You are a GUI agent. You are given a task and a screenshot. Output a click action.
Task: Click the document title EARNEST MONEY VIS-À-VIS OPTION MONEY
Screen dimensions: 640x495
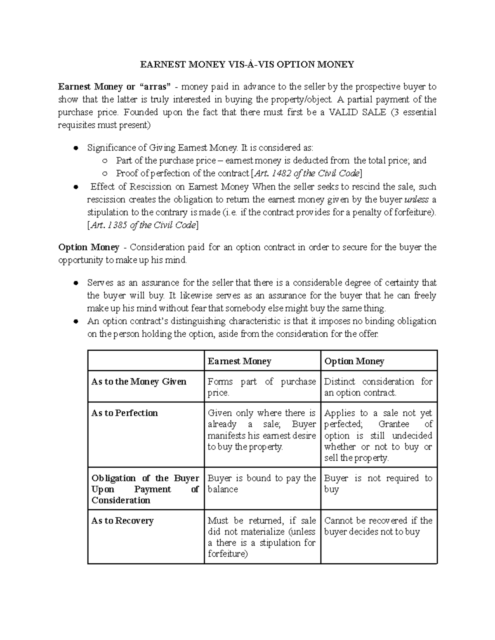click(247, 64)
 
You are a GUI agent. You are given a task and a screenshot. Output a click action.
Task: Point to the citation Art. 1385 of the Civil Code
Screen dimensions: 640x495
click(143, 225)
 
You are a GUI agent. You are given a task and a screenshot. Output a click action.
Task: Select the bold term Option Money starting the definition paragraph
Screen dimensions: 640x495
click(89, 247)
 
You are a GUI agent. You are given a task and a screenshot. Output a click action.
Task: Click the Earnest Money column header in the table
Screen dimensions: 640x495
click(239, 361)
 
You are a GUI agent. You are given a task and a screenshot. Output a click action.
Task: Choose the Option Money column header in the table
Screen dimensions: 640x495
click(354, 361)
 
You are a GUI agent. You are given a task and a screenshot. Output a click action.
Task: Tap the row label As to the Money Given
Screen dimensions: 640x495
click(139, 382)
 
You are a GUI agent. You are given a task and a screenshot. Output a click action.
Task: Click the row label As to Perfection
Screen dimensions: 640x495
click(125, 413)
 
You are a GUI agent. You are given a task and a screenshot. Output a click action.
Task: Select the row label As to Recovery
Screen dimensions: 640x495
click(122, 521)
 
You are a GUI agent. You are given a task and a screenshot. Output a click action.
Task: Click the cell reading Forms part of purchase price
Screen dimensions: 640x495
click(262, 387)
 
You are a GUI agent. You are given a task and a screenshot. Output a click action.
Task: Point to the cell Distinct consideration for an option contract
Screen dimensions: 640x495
click(378, 387)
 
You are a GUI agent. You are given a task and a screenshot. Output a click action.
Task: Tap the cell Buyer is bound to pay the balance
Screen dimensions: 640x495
click(262, 484)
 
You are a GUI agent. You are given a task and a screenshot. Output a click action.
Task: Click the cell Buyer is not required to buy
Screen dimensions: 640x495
click(378, 484)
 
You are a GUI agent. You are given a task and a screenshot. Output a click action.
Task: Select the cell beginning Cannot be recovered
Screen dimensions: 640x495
click(378, 526)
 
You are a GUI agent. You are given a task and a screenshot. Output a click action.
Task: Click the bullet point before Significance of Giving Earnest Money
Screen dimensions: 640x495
click(75, 148)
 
